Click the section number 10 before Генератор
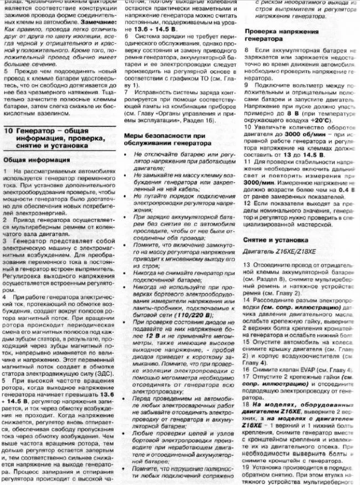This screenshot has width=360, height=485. pos(8,131)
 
